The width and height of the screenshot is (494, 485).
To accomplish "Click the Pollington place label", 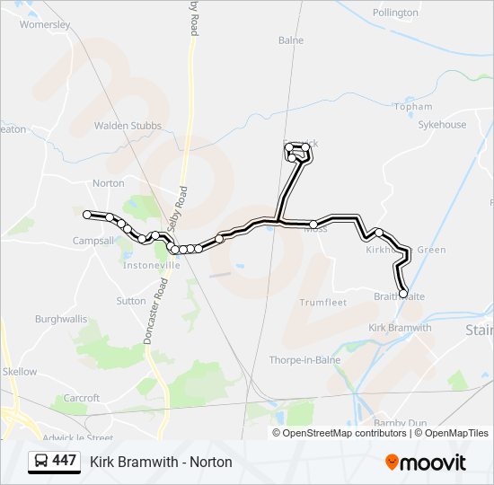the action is click(x=394, y=13).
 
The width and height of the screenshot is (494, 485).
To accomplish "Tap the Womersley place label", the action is click(x=45, y=25).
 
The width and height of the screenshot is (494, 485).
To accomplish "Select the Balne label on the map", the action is click(x=291, y=40).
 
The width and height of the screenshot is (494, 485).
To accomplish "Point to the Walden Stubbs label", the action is click(x=127, y=127).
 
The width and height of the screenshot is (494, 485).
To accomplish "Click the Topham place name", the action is click(x=412, y=107).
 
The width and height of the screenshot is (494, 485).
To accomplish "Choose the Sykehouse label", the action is click(x=442, y=125).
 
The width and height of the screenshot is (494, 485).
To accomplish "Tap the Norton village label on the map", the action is click(x=109, y=183).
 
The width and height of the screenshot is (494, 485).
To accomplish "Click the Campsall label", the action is click(x=93, y=241).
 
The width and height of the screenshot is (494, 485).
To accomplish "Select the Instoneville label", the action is click(x=152, y=265).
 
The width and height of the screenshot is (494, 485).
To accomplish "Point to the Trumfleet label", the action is click(x=322, y=303).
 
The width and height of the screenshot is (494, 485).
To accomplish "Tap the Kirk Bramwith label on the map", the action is click(x=400, y=328).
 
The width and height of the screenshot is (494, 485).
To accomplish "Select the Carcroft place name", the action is click(x=82, y=398).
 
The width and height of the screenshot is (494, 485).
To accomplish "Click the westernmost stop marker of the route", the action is click(x=87, y=215).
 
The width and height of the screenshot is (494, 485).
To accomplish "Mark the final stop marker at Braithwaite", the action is click(x=403, y=294).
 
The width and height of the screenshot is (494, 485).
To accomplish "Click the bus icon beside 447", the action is click(x=41, y=462).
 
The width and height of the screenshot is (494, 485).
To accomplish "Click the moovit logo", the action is click(x=426, y=463).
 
